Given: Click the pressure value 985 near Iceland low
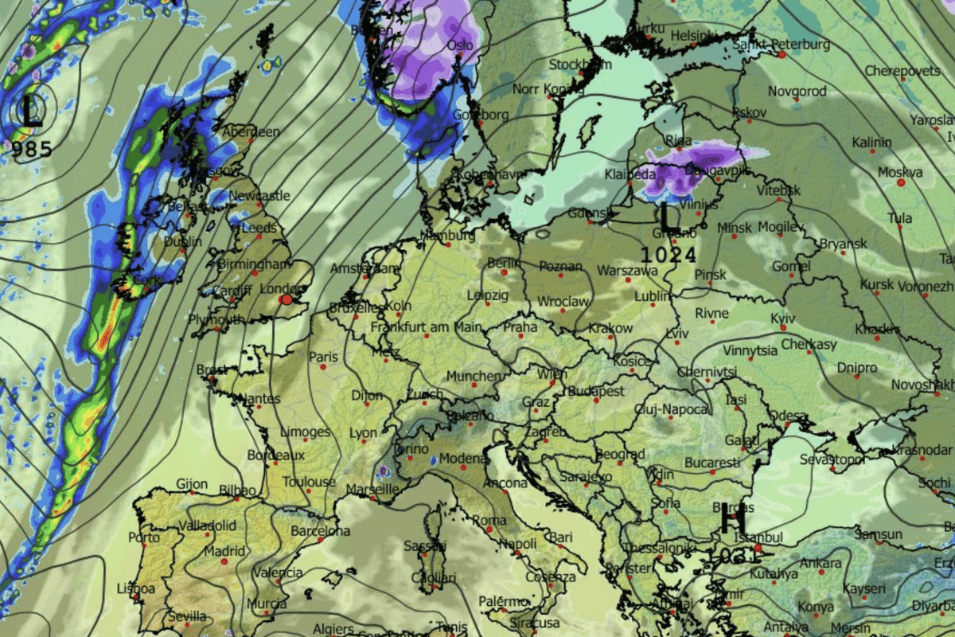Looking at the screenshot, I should (32, 149).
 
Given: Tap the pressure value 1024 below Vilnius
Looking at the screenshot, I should (669, 256).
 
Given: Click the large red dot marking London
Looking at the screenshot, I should (286, 299).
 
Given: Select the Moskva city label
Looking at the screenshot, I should (900, 173).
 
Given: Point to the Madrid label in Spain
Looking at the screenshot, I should (224, 551).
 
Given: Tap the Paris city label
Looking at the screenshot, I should (323, 358).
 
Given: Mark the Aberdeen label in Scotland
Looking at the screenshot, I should (251, 132).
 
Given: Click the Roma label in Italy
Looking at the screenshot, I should (489, 521).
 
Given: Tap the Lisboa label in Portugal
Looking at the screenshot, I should (135, 589).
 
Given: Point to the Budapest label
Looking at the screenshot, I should (596, 392).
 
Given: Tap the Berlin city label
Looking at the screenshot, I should (503, 264).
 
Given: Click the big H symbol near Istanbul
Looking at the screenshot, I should (733, 522).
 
